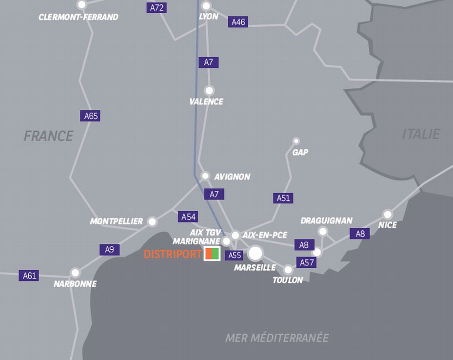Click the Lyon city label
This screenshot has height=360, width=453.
tap(208, 17)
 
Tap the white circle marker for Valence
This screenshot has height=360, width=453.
tap(209, 90)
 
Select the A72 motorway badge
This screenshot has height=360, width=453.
tap(157, 8)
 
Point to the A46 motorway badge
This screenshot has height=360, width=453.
tap(238, 22)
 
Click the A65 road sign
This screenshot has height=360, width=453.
tap(90, 116)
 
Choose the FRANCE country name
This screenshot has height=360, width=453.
tap(48, 136)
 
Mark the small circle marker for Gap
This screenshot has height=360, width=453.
tap(296, 141)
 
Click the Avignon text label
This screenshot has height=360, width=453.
tap(232, 177)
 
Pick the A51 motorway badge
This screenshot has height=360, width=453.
tap(283, 198)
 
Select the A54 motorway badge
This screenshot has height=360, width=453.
tap(188, 217)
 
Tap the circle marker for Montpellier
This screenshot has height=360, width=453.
tap(152, 222)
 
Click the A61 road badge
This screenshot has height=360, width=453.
tap(29, 276)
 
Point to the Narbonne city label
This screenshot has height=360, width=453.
tap(75, 284)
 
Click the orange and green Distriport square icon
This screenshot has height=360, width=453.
tap(212, 254)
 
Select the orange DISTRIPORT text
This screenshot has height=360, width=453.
tap(173, 254)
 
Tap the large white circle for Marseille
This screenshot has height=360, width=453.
tap(255, 253)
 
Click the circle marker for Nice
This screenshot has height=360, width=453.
tap(388, 214)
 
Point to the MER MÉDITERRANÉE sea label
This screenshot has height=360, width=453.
tap(277, 338)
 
